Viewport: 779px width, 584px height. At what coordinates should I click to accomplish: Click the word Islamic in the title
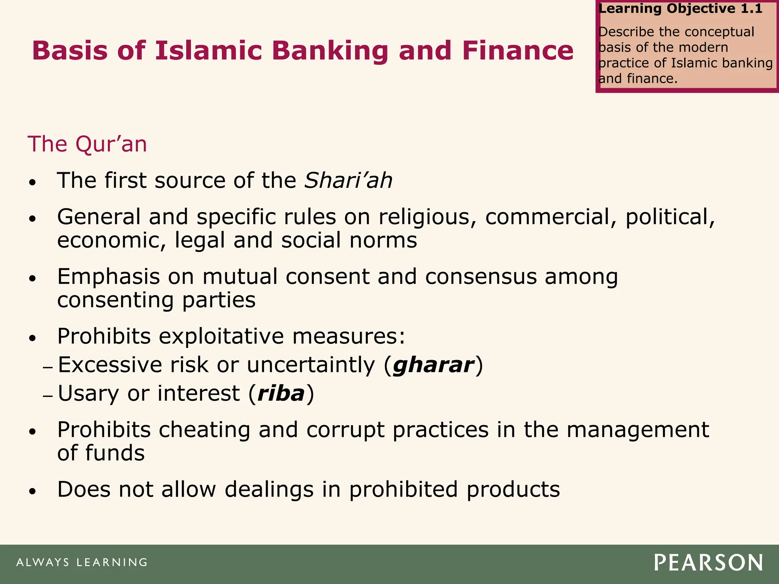point(209,51)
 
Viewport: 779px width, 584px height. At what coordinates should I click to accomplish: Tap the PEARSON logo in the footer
point(708,563)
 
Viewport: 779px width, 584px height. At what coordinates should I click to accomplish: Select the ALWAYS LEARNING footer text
point(82,562)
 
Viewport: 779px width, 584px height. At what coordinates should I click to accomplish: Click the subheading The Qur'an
point(87,144)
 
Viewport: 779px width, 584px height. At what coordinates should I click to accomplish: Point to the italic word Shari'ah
point(348,180)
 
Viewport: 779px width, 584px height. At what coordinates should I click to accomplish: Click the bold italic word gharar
point(434,365)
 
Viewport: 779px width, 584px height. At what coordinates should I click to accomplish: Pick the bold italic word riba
point(281,393)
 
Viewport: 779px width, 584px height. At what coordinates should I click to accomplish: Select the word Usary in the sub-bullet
point(88,394)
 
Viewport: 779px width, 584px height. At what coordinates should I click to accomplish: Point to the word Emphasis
point(108,276)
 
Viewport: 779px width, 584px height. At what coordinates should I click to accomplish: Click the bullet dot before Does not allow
point(33,491)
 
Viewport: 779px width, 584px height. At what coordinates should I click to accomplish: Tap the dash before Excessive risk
point(48,368)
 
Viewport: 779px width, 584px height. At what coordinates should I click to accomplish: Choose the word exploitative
point(221,336)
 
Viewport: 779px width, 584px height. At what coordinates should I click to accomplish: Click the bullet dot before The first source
point(33,182)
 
